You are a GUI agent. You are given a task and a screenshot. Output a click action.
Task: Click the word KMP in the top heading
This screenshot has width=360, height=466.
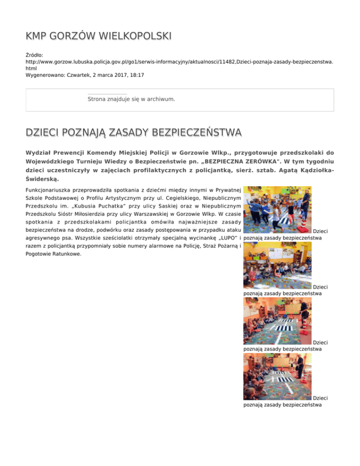[x=37, y=36]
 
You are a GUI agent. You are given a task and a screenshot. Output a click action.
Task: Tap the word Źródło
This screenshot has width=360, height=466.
[x=34, y=55]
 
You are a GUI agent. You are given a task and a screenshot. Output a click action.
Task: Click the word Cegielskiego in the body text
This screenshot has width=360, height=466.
[x=182, y=198]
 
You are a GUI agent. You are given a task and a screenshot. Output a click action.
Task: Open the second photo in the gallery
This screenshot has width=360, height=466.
[x=277, y=265]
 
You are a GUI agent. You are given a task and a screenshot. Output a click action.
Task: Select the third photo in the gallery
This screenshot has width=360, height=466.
[x=277, y=321]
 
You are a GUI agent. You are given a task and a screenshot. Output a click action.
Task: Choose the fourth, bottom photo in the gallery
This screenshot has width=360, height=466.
[x=277, y=376]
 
